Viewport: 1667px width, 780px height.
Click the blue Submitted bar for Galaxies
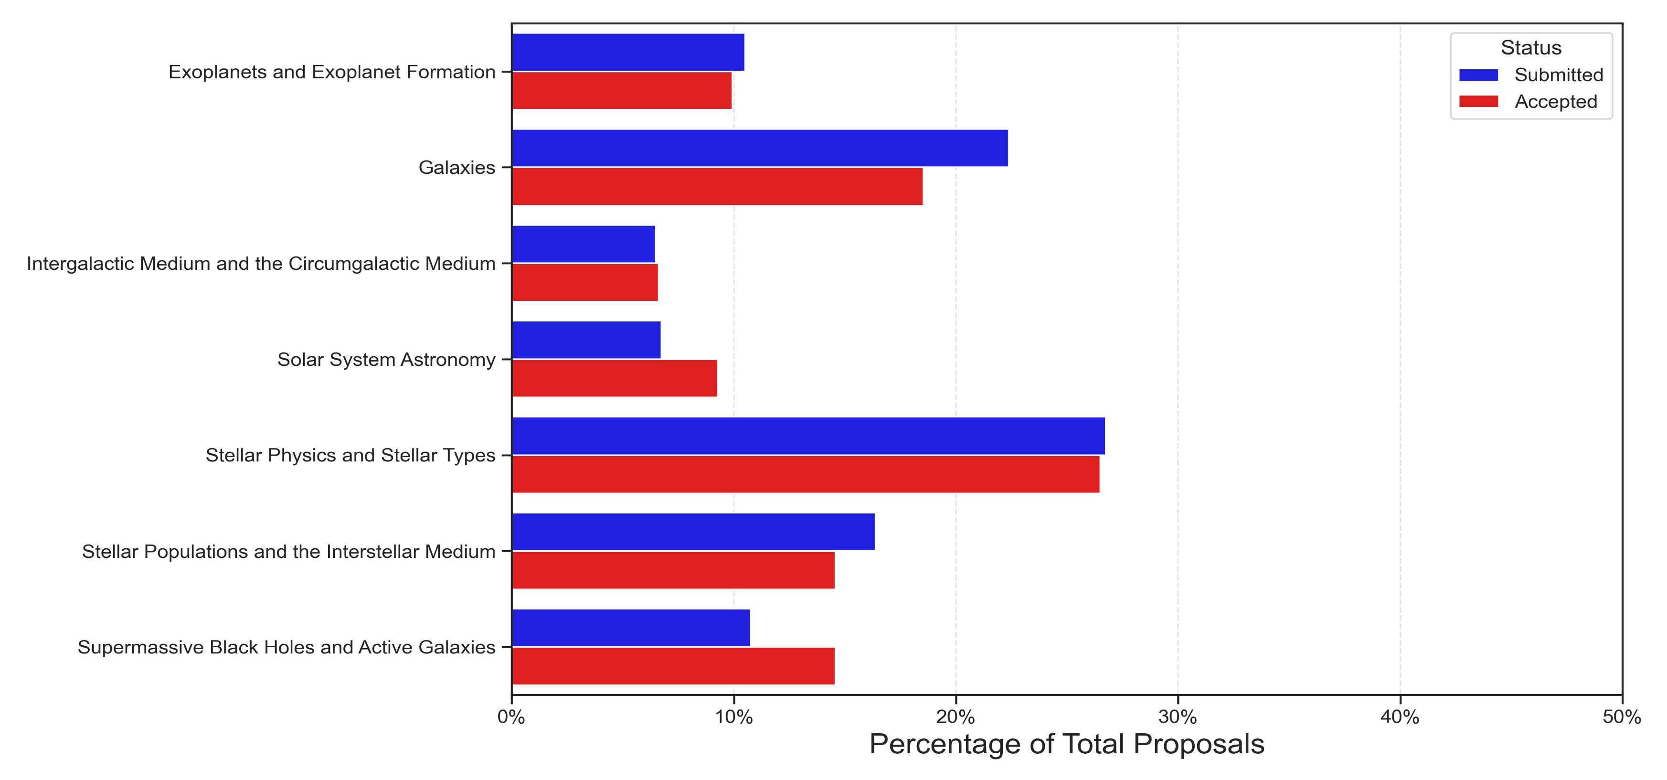point(759,148)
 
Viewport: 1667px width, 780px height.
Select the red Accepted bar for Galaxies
point(717,186)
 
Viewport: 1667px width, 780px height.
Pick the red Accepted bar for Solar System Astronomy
point(614,378)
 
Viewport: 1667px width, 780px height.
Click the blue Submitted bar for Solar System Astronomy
point(585,340)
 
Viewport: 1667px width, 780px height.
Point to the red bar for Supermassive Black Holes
point(673,666)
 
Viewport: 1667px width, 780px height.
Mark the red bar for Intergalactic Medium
point(584,282)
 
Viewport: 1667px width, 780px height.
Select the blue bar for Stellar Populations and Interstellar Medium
point(693,532)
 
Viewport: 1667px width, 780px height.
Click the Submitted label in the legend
point(1558,75)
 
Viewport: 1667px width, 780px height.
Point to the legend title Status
point(1530,48)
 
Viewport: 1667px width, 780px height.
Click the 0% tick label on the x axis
point(511,717)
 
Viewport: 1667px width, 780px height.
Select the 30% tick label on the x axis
point(1178,717)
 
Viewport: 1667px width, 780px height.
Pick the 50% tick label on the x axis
point(1621,717)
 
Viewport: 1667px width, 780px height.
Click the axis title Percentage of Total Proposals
point(1066,744)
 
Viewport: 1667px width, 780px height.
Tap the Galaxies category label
point(457,168)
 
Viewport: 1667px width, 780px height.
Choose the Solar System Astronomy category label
point(386,359)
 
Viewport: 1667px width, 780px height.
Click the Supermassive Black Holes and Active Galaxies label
point(287,647)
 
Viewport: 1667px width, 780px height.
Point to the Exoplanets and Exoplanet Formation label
point(332,72)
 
